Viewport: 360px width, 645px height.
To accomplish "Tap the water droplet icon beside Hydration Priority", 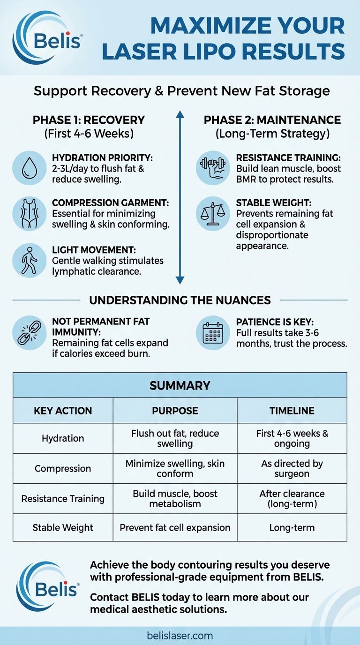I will (x=29, y=166).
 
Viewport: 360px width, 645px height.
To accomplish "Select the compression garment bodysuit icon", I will (x=29, y=213).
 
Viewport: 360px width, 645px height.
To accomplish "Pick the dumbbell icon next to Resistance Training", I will (x=213, y=166).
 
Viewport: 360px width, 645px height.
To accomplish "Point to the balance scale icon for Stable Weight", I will (x=213, y=213).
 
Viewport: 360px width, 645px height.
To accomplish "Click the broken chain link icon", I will (x=29, y=333).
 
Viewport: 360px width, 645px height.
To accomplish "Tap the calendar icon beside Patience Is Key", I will (x=213, y=333).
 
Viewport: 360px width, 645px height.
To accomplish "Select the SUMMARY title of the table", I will (x=180, y=386).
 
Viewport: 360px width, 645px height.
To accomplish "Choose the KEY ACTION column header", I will (x=63, y=411).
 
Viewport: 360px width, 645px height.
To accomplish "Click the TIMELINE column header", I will (x=292, y=411).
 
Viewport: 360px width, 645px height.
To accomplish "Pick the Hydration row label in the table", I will (x=63, y=438).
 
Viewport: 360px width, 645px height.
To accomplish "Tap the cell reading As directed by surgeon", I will (x=292, y=468).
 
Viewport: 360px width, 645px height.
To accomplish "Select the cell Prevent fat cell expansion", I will (x=175, y=527).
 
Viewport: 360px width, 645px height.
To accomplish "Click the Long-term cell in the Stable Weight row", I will (x=292, y=527).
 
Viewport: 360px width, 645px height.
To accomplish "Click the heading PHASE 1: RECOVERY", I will (x=89, y=120).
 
